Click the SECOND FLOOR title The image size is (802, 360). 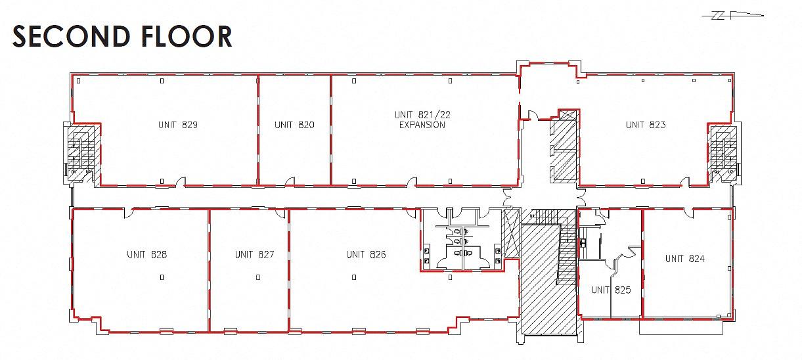(x=122, y=36)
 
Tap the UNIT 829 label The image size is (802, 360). (x=178, y=125)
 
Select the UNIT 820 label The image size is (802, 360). (x=294, y=125)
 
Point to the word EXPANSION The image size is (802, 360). (x=422, y=125)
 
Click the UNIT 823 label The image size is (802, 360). (x=646, y=125)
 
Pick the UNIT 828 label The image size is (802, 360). (x=146, y=254)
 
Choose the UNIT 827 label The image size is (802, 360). (x=255, y=254)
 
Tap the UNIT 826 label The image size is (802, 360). (x=366, y=254)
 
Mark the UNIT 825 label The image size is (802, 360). (x=611, y=290)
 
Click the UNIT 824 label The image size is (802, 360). (x=685, y=258)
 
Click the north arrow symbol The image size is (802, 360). (x=732, y=15)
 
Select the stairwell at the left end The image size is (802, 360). (x=81, y=153)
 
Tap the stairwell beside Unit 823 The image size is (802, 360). (x=724, y=153)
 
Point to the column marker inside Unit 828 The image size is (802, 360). (x=162, y=277)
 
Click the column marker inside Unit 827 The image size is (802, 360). (x=258, y=277)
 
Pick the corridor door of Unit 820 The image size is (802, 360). (x=290, y=182)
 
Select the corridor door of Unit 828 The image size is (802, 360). (x=129, y=213)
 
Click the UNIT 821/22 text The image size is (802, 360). (x=422, y=114)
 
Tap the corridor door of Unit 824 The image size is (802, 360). (x=688, y=213)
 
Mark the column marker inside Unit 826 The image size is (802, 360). (x=354, y=277)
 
